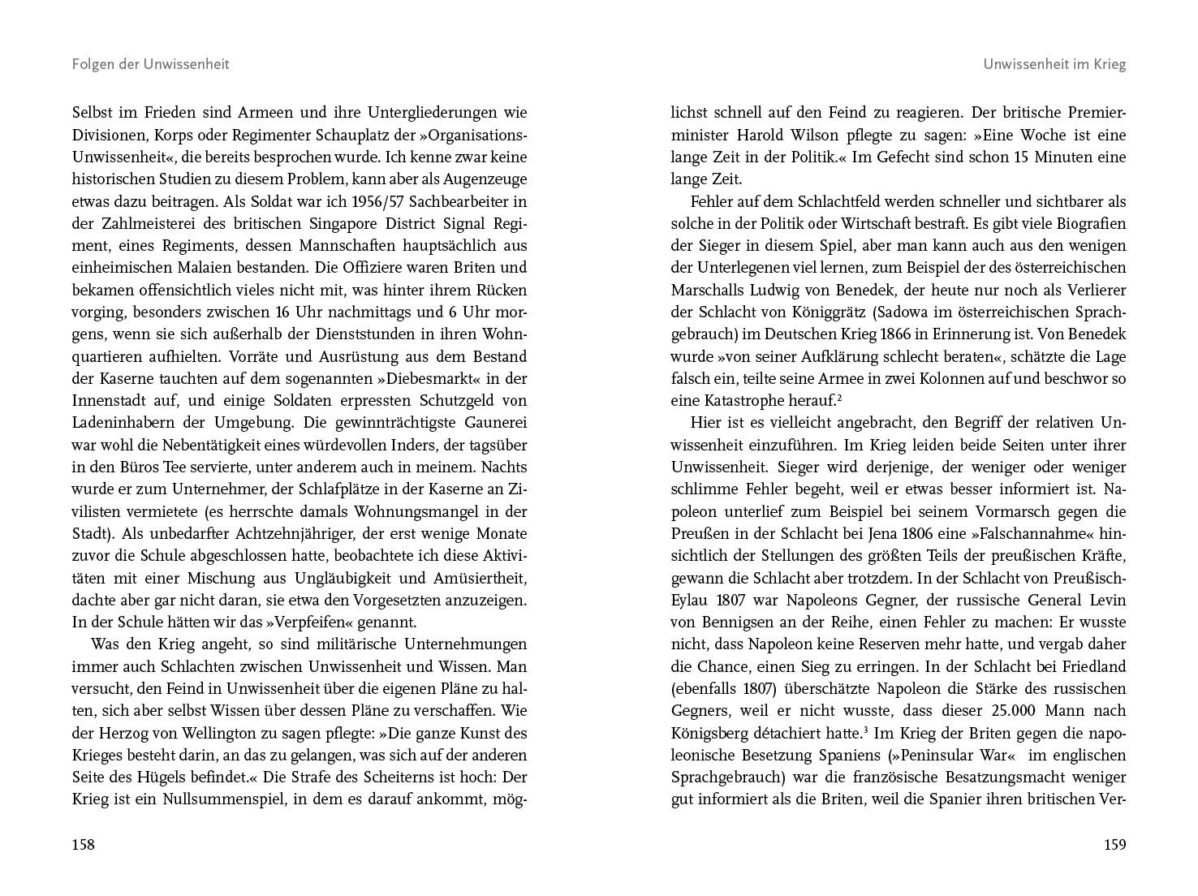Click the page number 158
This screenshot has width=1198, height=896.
84,845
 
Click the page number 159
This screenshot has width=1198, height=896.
1114,845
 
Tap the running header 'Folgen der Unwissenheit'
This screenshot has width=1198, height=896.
150,64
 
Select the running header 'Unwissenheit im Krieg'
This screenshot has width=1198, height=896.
1054,64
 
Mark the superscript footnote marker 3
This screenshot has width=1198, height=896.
867,730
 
